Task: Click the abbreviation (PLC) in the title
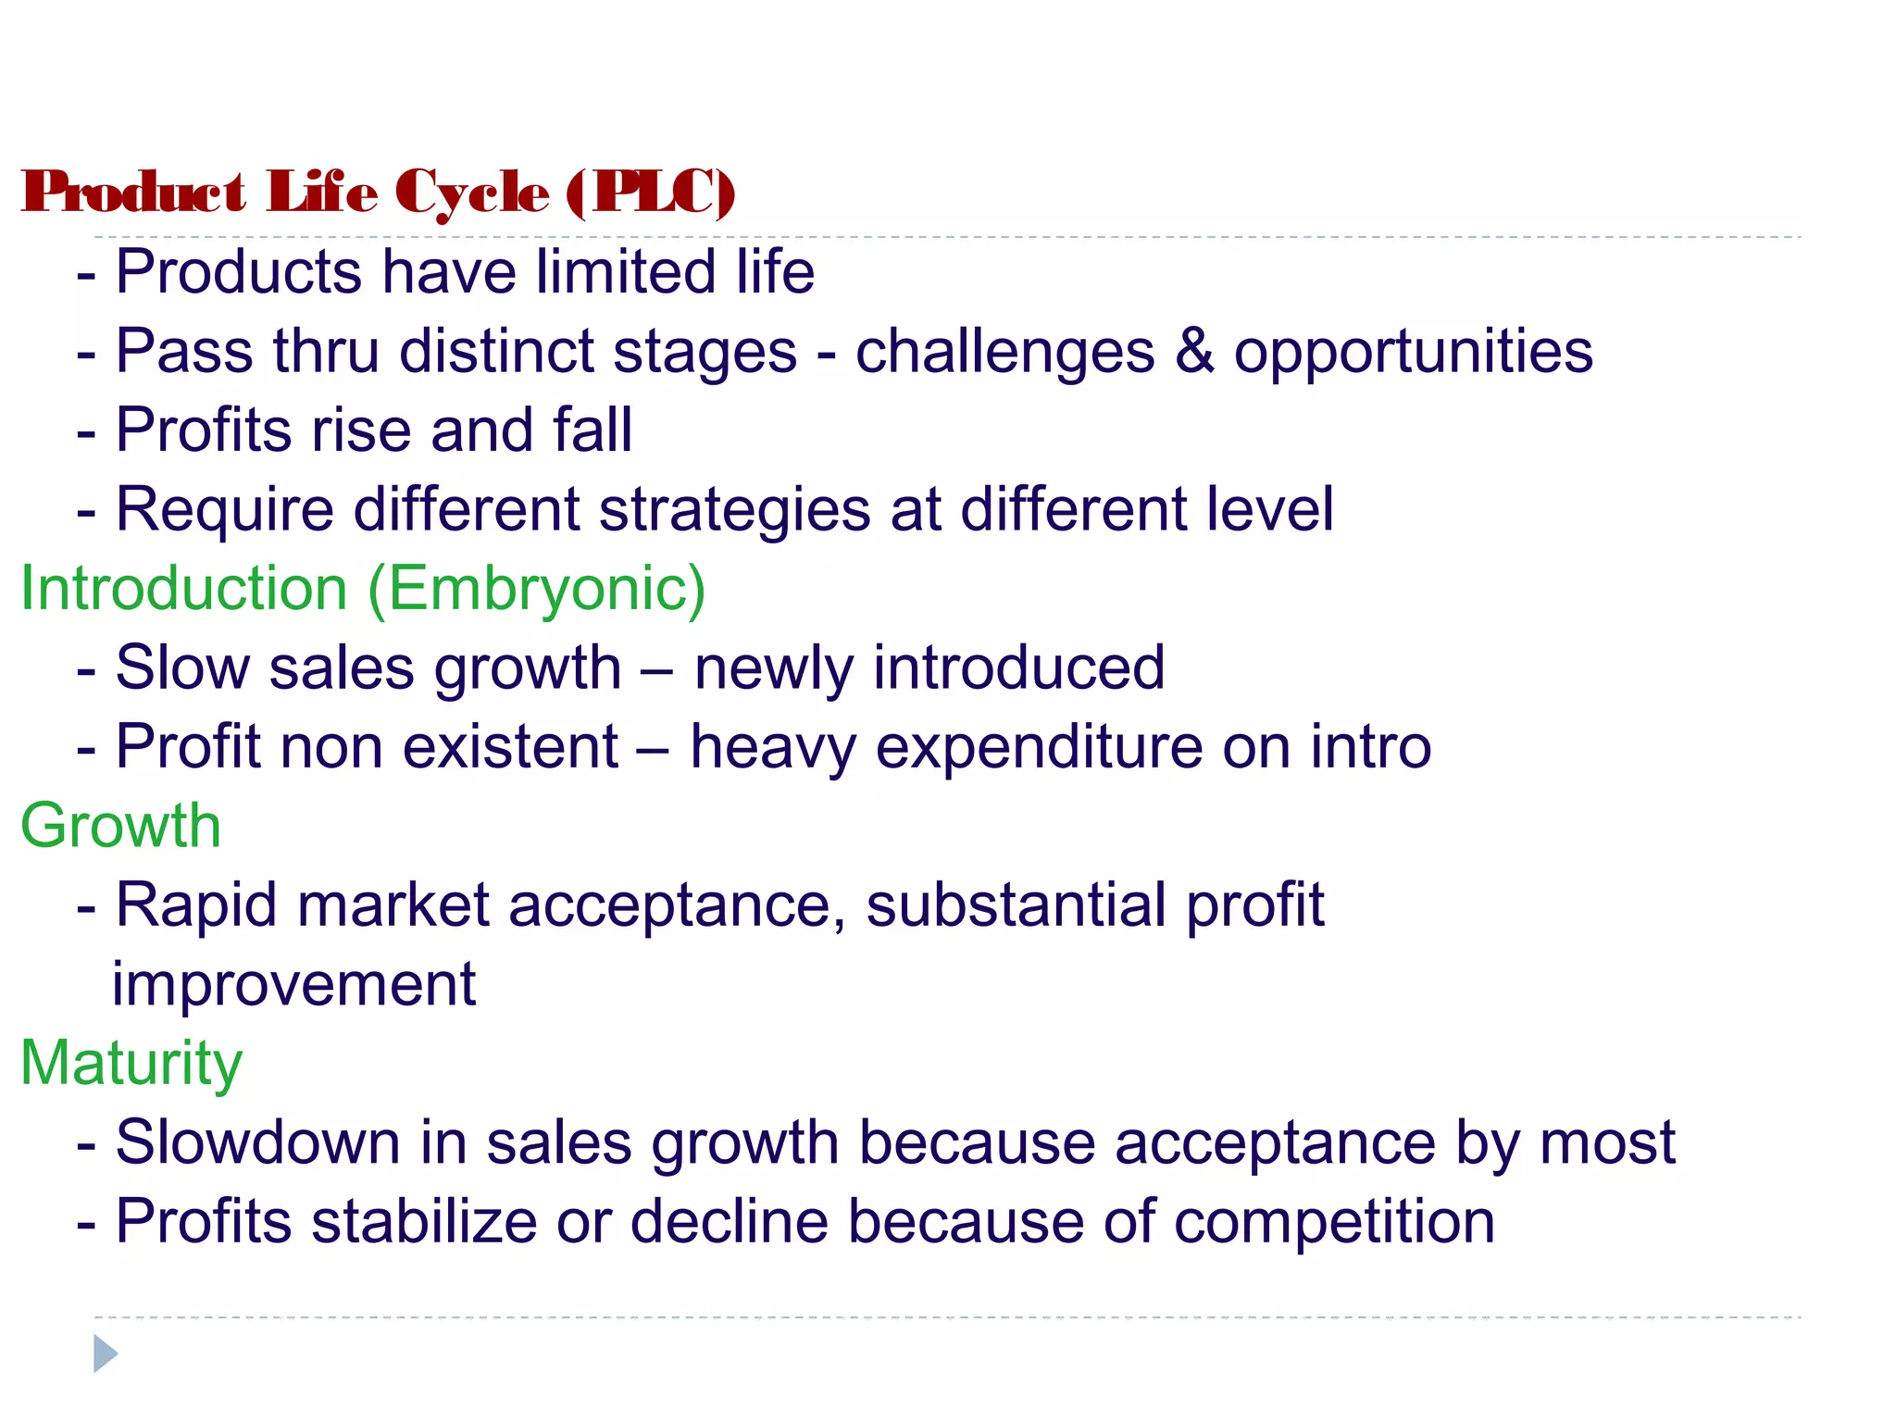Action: [651, 193]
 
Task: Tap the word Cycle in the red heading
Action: [472, 194]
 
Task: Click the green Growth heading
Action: [121, 826]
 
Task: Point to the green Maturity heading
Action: [131, 1063]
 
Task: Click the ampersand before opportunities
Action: [1194, 352]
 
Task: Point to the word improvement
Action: [293, 984]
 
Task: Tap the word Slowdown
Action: [257, 1142]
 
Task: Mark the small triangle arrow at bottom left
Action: [106, 1353]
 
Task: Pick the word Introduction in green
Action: [184, 589]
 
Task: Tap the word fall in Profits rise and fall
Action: [592, 430]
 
